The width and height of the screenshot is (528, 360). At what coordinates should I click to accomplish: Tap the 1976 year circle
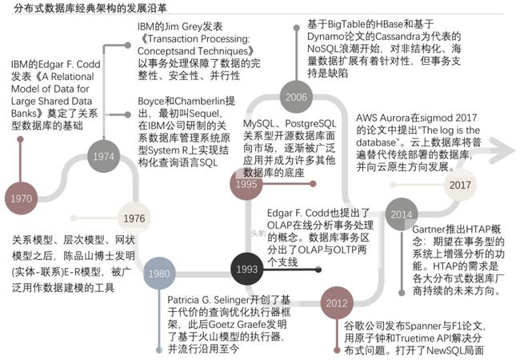134,218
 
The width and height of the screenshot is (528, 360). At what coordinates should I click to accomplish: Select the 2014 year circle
402,214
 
